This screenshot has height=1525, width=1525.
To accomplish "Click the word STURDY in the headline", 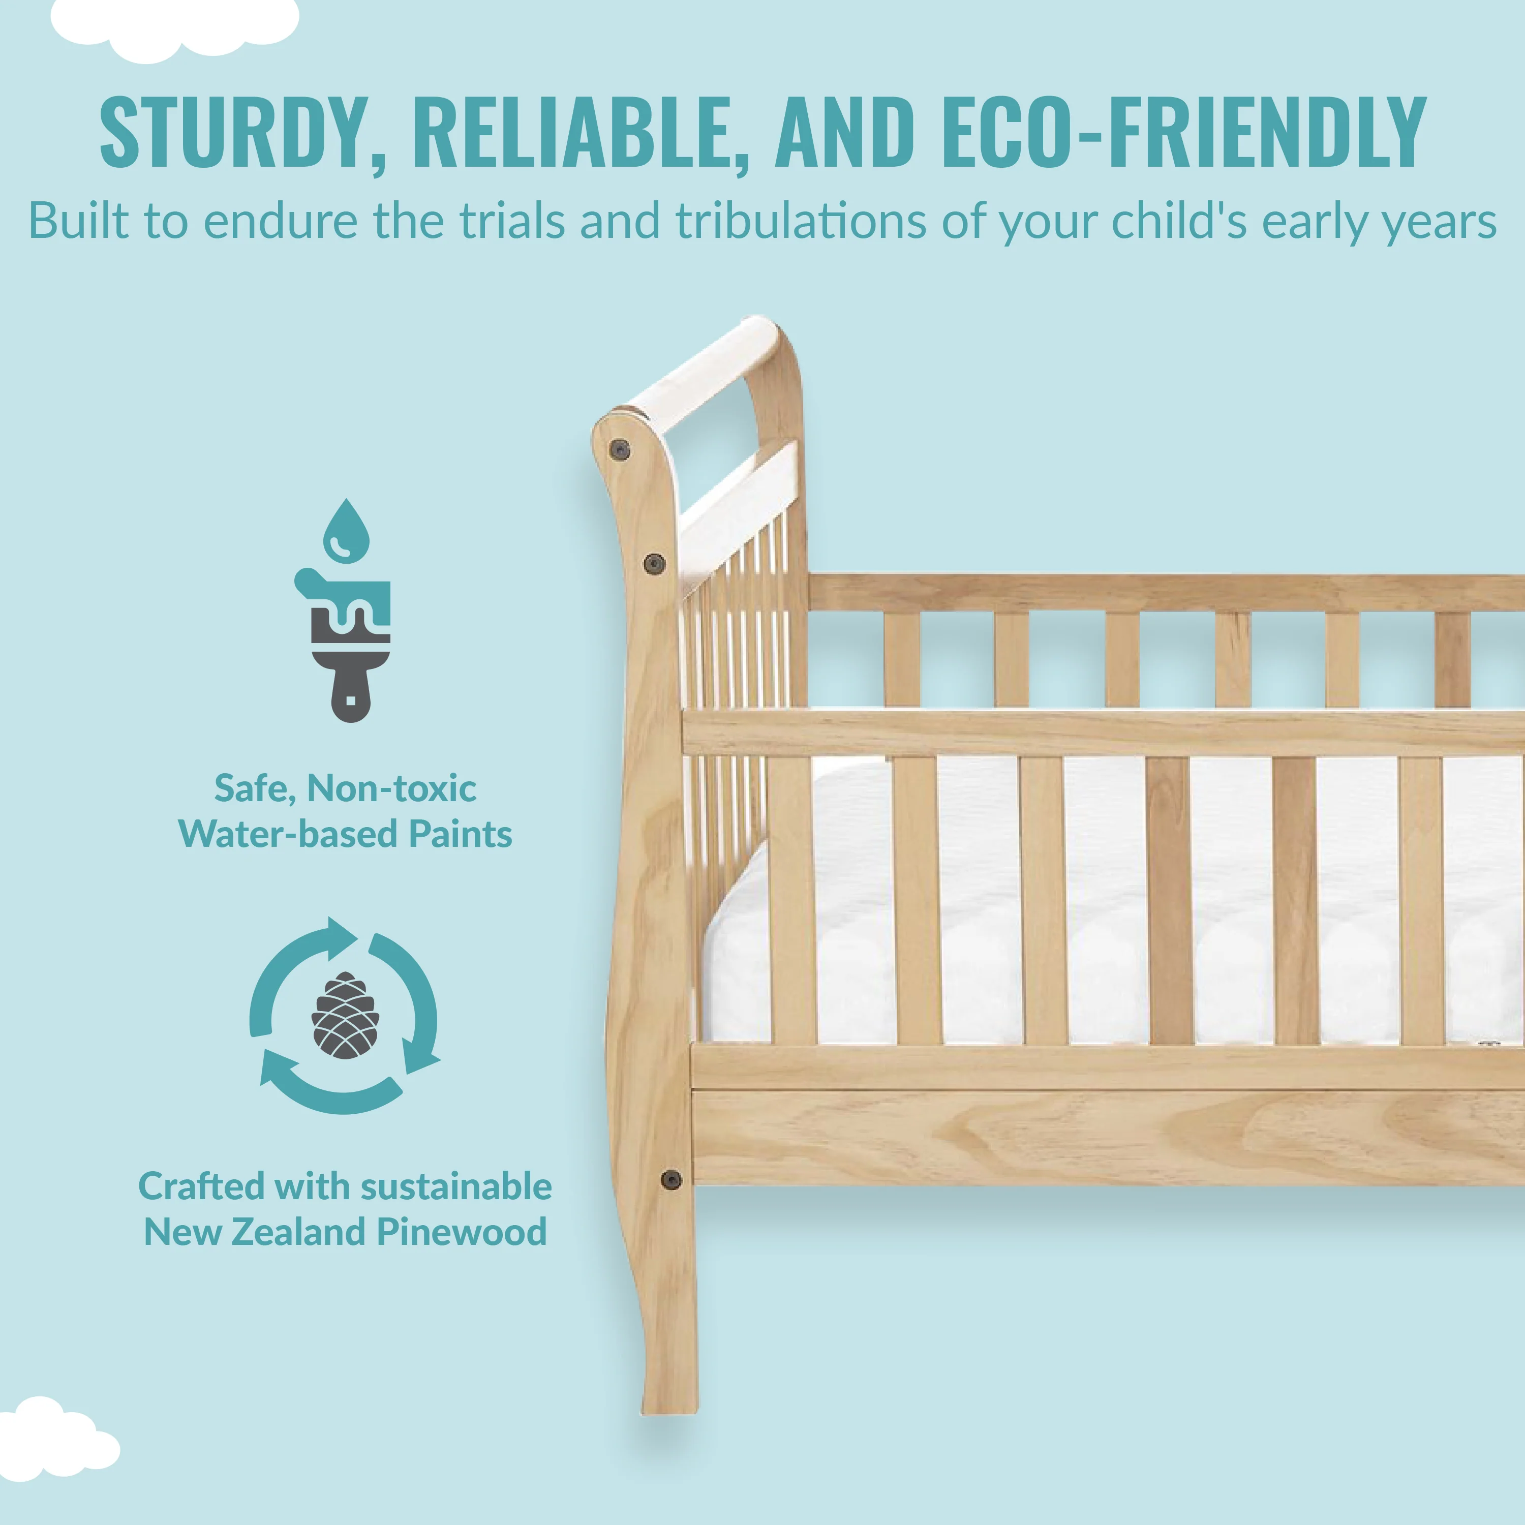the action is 242,132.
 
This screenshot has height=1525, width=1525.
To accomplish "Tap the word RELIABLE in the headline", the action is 578,132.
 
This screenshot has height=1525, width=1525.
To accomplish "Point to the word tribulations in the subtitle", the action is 801,221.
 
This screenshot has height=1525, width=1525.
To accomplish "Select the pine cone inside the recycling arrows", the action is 346,1015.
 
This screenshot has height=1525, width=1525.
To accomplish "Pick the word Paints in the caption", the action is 460,834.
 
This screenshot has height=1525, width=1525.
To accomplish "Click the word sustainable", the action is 457,1186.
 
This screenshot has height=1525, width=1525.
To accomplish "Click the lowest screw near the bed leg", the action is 671,1180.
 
